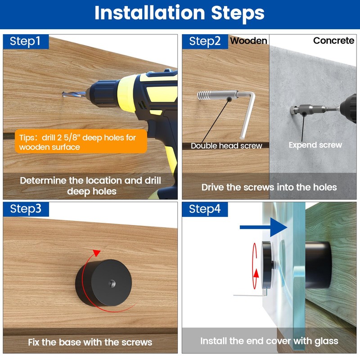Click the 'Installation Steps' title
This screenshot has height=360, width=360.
[x=179, y=13]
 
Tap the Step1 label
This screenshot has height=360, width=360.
[x=25, y=41]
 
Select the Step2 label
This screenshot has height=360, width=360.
[x=205, y=41]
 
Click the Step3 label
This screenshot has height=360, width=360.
[x=26, y=209]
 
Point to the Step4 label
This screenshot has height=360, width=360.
[x=205, y=209]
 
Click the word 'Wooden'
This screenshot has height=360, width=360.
[x=249, y=41]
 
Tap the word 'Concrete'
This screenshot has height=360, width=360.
[x=333, y=40]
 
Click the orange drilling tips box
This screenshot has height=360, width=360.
[x=81, y=141]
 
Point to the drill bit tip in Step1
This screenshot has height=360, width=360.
[x=63, y=94]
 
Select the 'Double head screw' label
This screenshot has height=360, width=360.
[x=226, y=146]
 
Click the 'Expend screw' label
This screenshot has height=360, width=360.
[x=315, y=145]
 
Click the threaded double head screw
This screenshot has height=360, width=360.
[x=217, y=95]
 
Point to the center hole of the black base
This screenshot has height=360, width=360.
[x=112, y=283]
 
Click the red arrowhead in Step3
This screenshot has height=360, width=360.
[x=97, y=253]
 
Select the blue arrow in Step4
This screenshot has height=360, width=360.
[x=264, y=227]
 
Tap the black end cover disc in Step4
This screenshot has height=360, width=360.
[x=267, y=265]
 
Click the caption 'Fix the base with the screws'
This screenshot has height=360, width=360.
[x=90, y=342]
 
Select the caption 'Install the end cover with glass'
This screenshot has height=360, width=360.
[x=269, y=341]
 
